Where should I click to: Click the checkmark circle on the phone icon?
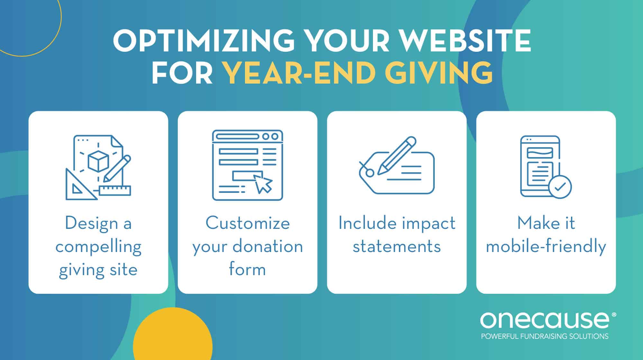[x=560, y=186]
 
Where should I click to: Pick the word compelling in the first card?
[x=98, y=247]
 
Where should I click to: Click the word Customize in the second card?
[x=248, y=223]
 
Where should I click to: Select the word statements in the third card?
[x=396, y=247]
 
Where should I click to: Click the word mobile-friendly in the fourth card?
[x=546, y=247]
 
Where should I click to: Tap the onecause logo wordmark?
[x=545, y=320]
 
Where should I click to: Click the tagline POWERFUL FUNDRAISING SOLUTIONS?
[x=545, y=337]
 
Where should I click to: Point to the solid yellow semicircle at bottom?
[x=173, y=337]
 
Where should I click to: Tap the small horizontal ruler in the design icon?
[x=115, y=190]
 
